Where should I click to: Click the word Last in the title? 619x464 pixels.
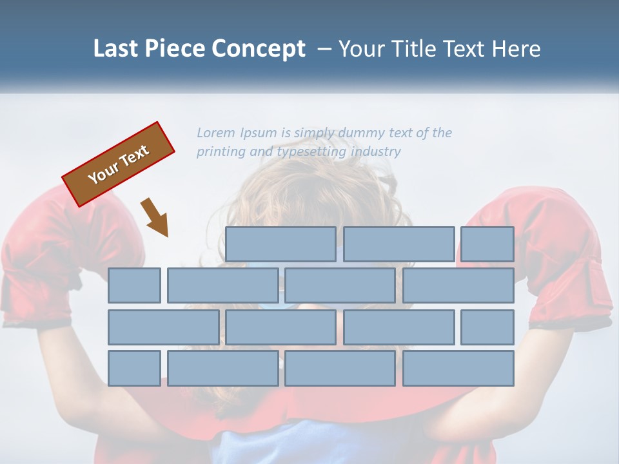[116, 49]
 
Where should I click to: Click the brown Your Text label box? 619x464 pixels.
[119, 164]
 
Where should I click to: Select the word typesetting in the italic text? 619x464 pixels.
[311, 152]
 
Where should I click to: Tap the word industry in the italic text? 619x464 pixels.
[376, 152]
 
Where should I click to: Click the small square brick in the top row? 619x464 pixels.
[487, 244]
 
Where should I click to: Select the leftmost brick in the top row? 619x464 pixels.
[280, 244]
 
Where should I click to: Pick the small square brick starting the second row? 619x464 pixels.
[134, 285]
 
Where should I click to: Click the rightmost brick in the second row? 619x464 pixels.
[458, 285]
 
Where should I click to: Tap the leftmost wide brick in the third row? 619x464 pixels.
[163, 327]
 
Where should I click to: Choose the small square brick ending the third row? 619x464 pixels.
[487, 327]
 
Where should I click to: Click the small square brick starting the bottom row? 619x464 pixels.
[134, 368]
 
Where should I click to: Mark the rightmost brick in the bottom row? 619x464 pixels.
[458, 368]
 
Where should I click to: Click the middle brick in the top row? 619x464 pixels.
[398, 244]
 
